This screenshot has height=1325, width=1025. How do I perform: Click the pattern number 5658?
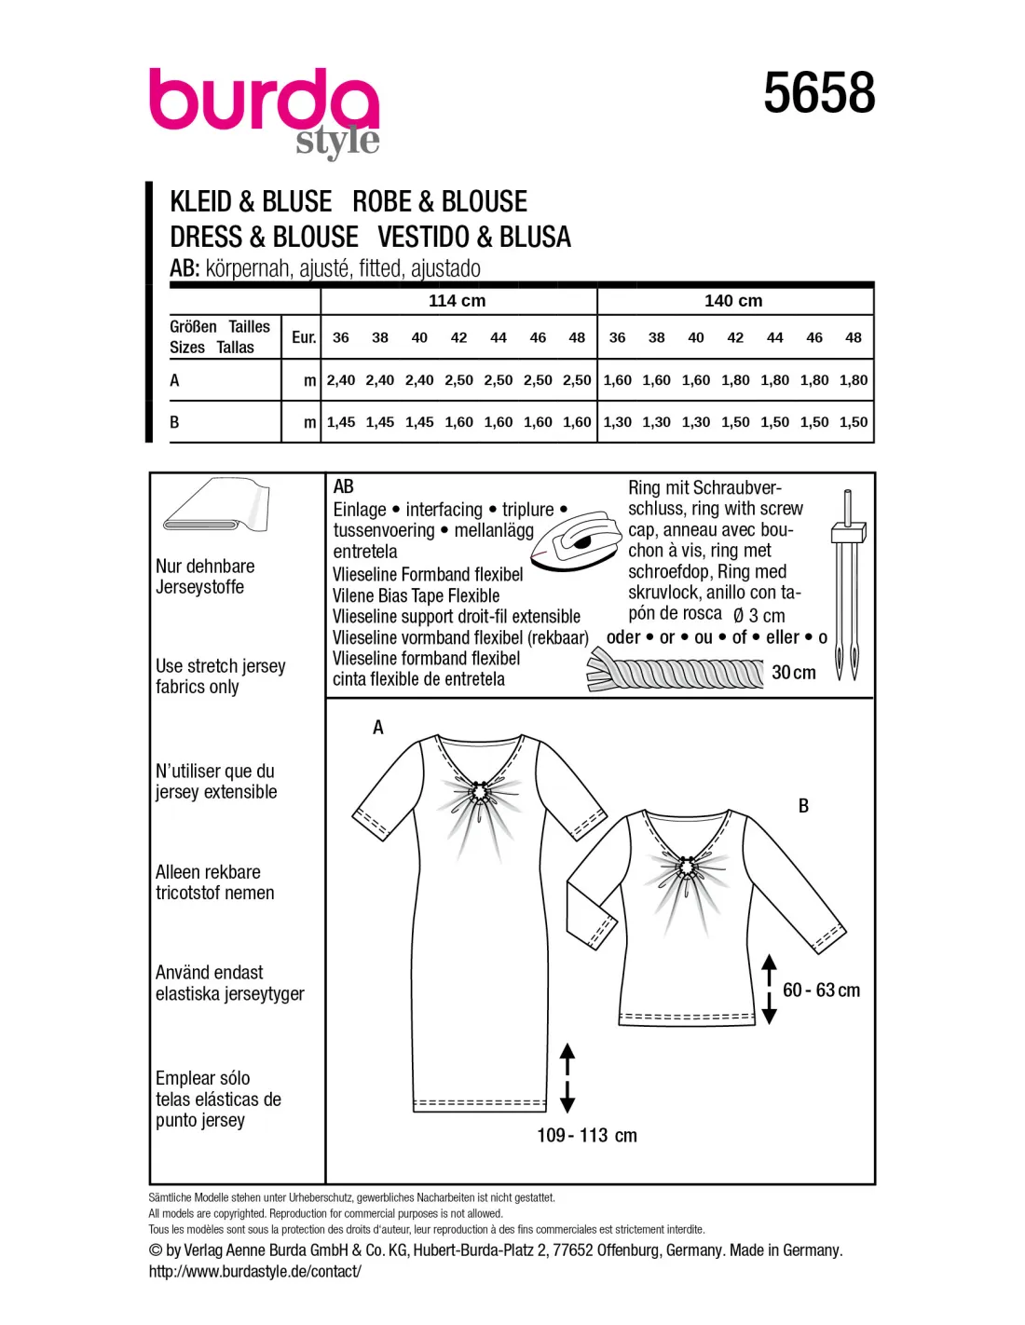pos(819,93)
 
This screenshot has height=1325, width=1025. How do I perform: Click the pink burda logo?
pos(264,104)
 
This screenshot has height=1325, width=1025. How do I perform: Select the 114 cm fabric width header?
pos(457,301)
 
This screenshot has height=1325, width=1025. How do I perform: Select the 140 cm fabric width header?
pos(733,301)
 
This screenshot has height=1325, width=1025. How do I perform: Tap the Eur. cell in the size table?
pos(304,337)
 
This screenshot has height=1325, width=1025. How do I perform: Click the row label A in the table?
pos(174,380)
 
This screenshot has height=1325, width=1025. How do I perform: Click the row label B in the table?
pos(174,422)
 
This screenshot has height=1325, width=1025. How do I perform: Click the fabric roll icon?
pos(216,508)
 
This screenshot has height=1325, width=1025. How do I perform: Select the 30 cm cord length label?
pos(794,673)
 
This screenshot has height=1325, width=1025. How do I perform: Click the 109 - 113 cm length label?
pos(587,1135)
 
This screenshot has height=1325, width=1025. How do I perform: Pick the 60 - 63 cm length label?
pos(821,990)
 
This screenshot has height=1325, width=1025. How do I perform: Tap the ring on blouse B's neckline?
pos(688,868)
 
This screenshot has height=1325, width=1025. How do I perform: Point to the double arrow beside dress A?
pos(567,1078)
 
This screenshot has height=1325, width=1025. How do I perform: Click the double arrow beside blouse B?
pos(769,990)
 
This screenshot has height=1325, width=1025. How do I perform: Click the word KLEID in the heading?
pos(201,202)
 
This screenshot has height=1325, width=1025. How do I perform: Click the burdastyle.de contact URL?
pos(254,1271)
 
